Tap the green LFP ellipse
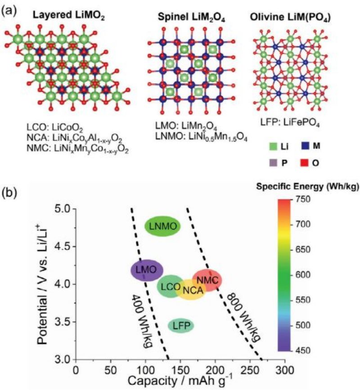point(180,326)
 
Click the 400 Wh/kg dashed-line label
point(144,314)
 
